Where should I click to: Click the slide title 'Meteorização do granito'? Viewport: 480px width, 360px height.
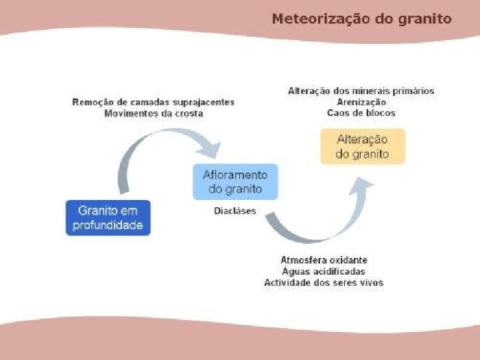361,19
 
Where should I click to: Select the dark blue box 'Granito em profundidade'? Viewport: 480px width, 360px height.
109,218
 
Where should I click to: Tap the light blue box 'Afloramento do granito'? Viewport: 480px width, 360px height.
235,182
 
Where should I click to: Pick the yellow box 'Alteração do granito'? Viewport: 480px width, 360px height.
362,147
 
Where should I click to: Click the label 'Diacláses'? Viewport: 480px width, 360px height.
235,211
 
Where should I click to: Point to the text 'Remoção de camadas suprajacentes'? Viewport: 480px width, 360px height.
153,103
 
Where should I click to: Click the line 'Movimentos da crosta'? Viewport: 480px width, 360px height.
153,114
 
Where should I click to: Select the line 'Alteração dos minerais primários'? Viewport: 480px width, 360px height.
361,91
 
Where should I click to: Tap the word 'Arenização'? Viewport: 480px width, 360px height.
361,102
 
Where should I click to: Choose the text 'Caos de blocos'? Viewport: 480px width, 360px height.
361,113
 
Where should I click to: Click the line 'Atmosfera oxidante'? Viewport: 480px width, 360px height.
324,259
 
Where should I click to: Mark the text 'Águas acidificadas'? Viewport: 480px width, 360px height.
324,271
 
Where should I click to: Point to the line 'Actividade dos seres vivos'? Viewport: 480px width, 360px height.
324,283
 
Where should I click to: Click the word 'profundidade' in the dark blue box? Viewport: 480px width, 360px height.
109,225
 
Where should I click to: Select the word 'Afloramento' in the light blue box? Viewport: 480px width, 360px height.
235,175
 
